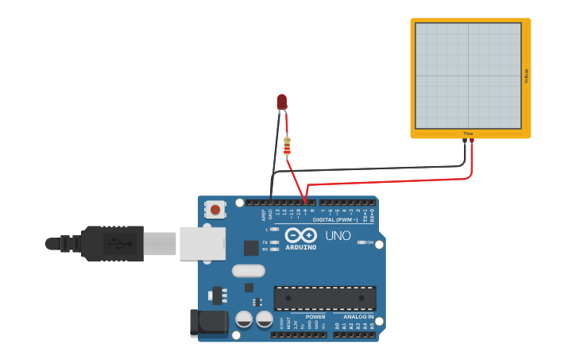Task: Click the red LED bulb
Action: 281,101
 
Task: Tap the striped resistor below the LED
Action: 287,146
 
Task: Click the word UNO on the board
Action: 338,235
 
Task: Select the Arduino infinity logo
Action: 301,235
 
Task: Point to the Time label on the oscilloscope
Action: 468,134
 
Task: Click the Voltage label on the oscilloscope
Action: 526,75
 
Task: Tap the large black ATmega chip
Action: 325,298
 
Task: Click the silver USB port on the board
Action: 202,243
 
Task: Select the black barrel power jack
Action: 208,323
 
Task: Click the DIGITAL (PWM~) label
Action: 335,219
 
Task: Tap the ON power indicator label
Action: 370,242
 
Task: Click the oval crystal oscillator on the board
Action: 248,270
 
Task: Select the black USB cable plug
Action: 111,243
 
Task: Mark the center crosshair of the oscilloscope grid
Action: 468,75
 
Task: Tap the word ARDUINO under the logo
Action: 301,247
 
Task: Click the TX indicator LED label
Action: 265,242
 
